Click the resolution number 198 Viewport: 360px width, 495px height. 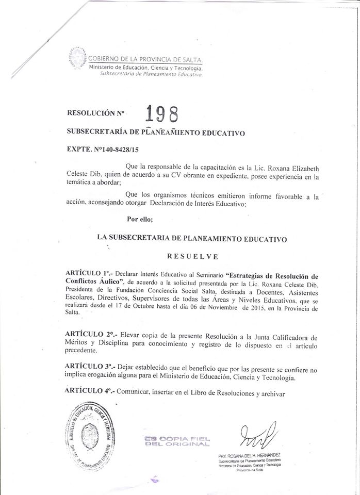[x=162, y=112]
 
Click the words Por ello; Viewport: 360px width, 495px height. [x=140, y=219]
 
